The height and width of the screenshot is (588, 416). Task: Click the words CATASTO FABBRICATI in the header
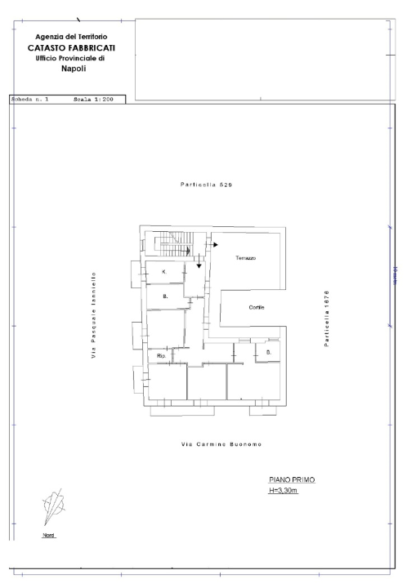pos(70,47)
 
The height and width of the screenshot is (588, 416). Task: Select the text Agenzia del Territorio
pos(71,37)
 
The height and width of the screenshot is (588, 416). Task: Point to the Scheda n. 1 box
pos(29,100)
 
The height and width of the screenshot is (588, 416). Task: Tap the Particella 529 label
pos(207,186)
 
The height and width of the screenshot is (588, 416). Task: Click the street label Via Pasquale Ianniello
pos(95,314)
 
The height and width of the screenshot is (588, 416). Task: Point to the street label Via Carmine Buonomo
pos(216,443)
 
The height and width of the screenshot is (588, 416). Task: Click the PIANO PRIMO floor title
pos(292,480)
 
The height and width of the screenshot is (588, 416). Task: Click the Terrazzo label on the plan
pos(246,258)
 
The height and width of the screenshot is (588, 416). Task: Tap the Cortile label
pos(258,307)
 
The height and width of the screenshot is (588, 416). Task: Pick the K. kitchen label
pos(163,271)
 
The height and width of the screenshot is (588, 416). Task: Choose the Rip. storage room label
pos(161,356)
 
